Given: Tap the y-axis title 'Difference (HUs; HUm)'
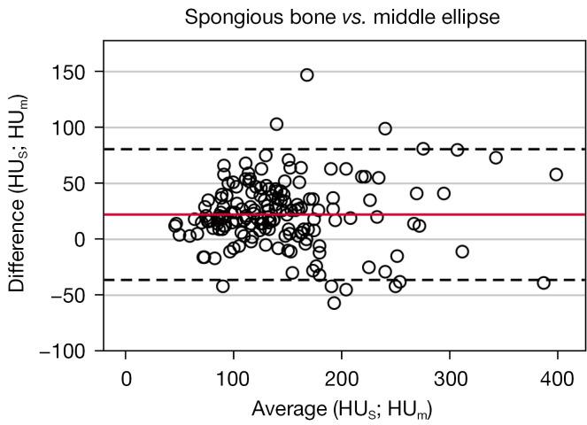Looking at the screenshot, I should (x=19, y=197).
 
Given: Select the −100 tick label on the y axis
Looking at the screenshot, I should (x=73, y=351).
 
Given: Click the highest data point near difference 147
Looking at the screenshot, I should (x=307, y=75).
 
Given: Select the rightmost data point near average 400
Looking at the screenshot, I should (x=556, y=174).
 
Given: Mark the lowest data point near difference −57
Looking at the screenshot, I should (x=334, y=303).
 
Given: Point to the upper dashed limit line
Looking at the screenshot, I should (x=496, y=149).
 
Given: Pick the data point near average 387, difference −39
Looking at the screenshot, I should (x=544, y=282).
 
